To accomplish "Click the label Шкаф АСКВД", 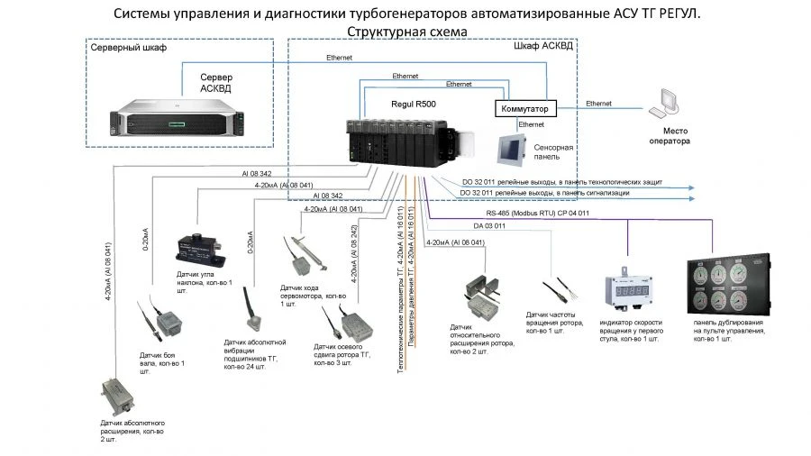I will coord(542,46).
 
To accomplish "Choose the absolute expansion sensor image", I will coord(121,395).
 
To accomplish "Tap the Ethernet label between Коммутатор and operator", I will coord(598,104).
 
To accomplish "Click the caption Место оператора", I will coord(670,136).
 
